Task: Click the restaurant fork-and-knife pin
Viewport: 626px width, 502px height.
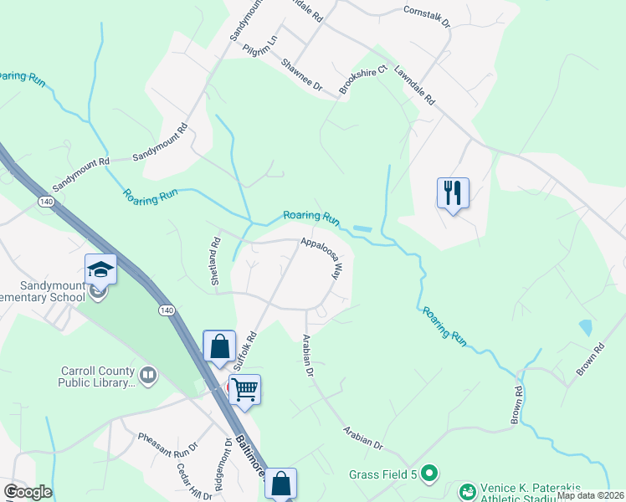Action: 452,193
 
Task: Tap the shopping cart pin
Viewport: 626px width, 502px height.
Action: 244,389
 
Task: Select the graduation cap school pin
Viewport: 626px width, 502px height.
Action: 100,269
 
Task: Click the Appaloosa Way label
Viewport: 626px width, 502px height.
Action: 321,258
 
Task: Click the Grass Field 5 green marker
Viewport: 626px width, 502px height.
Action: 429,474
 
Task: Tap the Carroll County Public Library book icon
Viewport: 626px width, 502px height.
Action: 149,375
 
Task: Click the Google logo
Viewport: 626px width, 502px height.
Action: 28,492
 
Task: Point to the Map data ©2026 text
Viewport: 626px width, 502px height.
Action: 589,495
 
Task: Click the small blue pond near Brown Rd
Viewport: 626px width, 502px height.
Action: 584,327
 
